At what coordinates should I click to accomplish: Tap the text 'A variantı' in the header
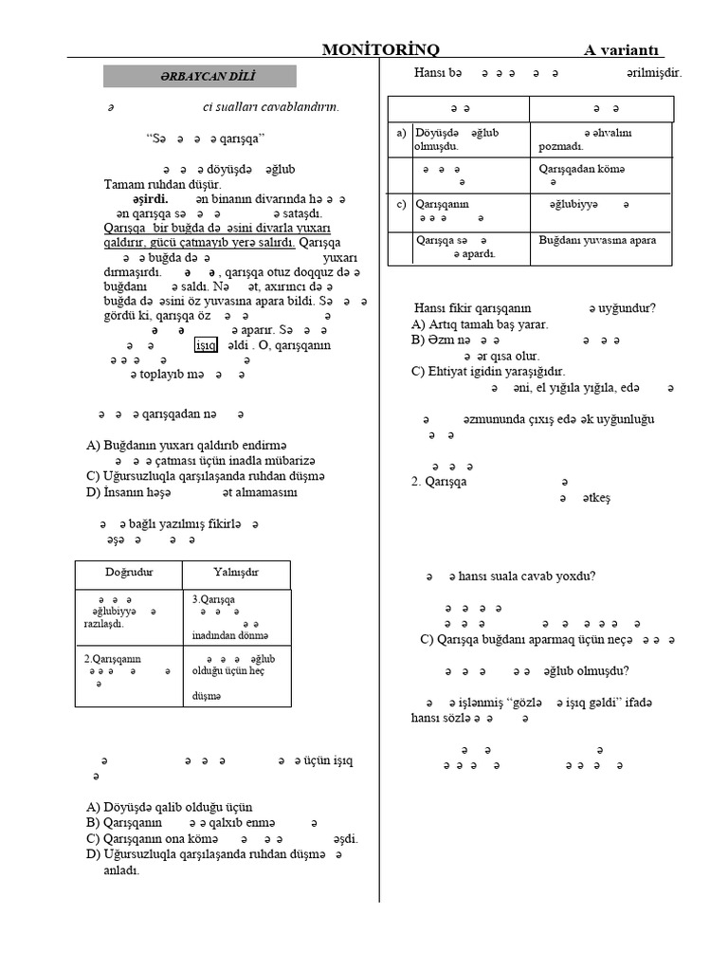pyautogui.click(x=623, y=50)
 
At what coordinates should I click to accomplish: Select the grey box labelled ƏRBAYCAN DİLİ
pyautogui.click(x=199, y=77)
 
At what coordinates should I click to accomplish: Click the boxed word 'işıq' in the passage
pyautogui.click(x=206, y=345)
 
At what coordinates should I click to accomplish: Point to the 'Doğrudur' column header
pyautogui.click(x=129, y=573)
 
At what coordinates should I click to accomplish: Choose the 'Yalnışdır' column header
pyautogui.click(x=236, y=573)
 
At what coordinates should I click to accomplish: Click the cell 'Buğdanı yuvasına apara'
pyautogui.click(x=597, y=240)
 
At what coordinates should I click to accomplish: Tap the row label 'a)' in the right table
pyautogui.click(x=401, y=134)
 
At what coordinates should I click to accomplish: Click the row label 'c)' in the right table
pyautogui.click(x=401, y=204)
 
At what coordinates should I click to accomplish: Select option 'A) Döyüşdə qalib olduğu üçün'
pyautogui.click(x=170, y=807)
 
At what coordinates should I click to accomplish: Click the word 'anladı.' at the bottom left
pyautogui.click(x=120, y=870)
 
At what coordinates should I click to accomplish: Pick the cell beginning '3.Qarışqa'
pyautogui.click(x=213, y=599)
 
